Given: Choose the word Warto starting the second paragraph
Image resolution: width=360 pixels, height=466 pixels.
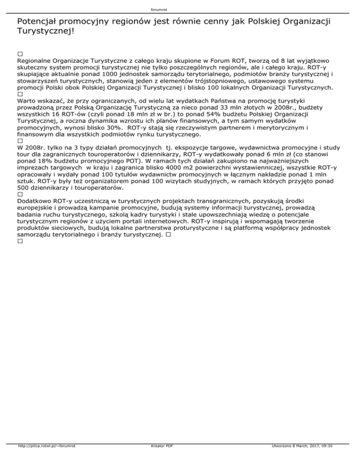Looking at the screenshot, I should (26, 100).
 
